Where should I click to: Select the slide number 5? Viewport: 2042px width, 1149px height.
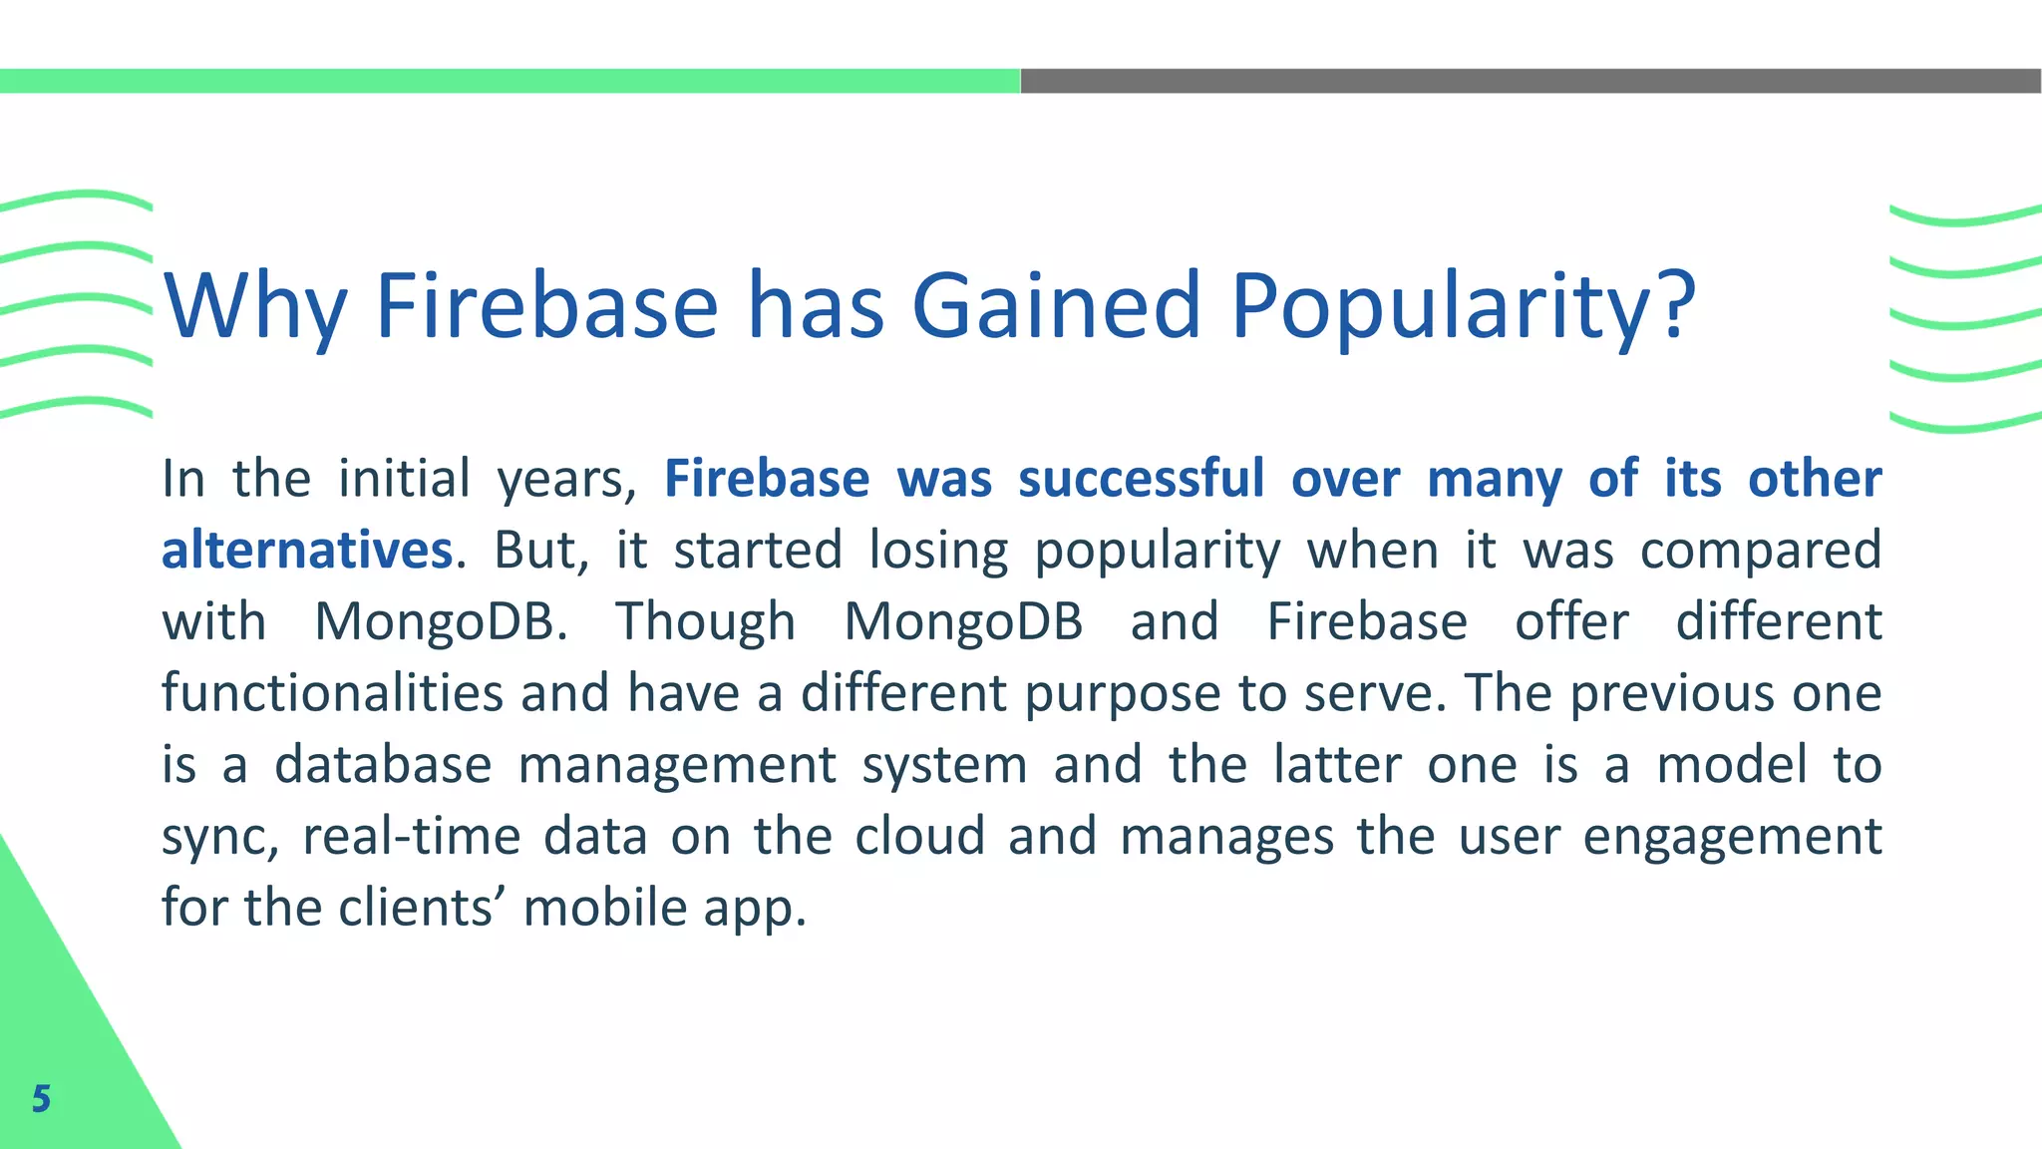[x=41, y=1098]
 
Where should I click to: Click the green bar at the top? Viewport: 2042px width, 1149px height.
[x=509, y=81]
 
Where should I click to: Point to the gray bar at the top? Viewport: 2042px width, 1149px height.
[x=1531, y=81]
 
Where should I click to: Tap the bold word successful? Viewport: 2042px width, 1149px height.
[x=1142, y=479]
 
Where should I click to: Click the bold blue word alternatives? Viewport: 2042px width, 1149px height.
[x=307, y=551]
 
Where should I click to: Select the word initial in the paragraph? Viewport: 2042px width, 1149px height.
[x=404, y=479]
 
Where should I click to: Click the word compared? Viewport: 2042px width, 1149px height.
[x=1761, y=551]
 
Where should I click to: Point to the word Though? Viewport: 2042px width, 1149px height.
[x=705, y=622]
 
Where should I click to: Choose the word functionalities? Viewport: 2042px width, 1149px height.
[x=332, y=693]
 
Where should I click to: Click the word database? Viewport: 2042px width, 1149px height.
[x=383, y=765]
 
